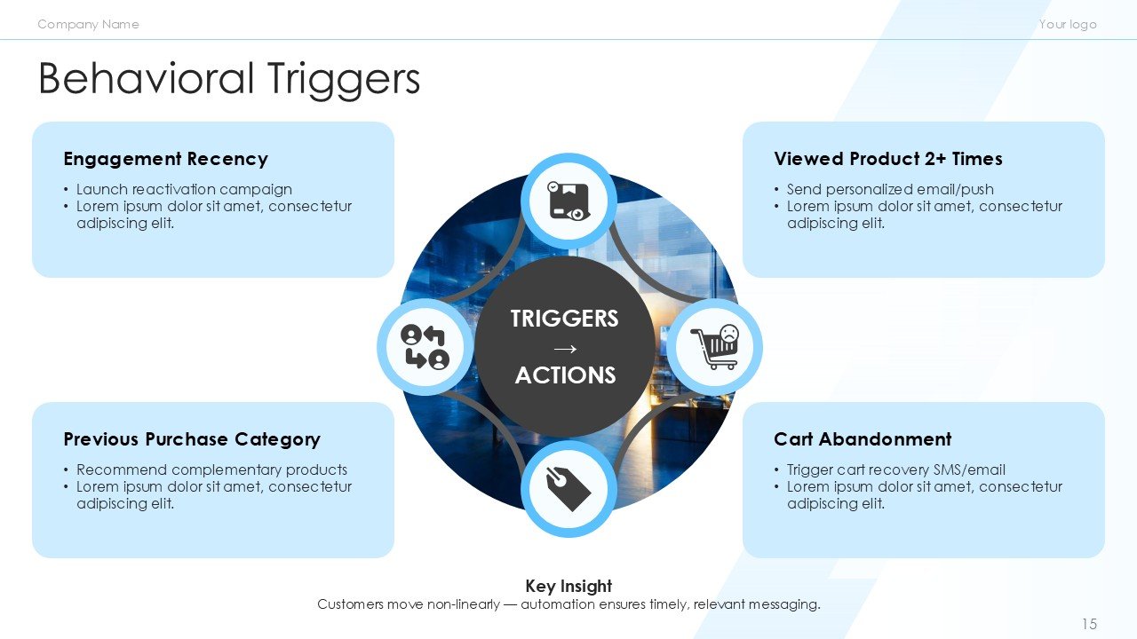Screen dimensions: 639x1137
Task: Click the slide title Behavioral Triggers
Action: (229, 78)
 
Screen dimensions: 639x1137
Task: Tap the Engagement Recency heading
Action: (165, 159)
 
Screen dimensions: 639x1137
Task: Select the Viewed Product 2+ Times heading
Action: (887, 159)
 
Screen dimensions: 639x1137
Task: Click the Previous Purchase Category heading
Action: (192, 439)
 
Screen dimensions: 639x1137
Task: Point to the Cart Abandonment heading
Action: (862, 439)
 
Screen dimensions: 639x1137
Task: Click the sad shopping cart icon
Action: (714, 347)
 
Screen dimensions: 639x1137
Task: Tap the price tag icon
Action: (568, 489)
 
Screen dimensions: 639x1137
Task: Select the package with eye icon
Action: (568, 201)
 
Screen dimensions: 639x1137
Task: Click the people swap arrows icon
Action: (425, 347)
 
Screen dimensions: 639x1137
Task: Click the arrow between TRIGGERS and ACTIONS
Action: (565, 347)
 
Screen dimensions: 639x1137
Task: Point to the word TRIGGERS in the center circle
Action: (565, 319)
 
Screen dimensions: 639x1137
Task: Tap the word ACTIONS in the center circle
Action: (565, 375)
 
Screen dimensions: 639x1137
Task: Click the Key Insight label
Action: (568, 586)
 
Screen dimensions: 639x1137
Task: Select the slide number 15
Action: (1089, 624)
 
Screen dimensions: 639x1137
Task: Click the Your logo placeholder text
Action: (1068, 24)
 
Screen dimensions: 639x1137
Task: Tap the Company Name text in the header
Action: (88, 24)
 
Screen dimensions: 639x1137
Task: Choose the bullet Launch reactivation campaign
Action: (184, 189)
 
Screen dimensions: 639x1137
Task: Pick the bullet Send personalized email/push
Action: (890, 189)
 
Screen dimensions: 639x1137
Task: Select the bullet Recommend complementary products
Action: (211, 469)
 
